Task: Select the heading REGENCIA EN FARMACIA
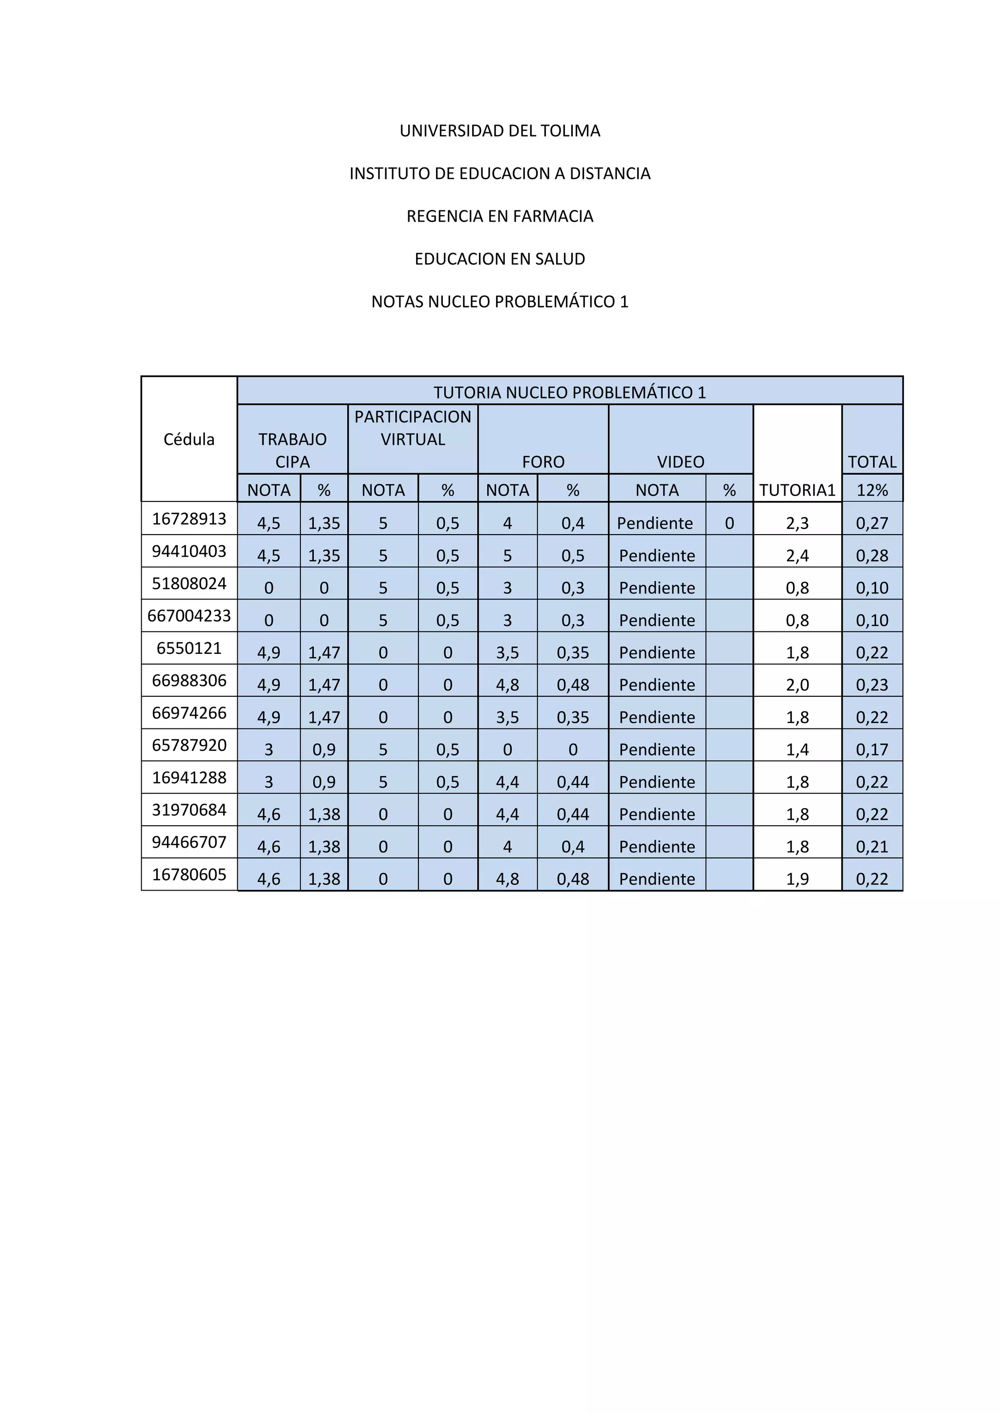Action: pos(500,216)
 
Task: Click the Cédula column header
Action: pos(189,439)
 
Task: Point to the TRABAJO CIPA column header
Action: pos(292,450)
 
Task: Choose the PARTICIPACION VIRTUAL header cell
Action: pos(413,428)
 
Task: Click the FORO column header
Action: pos(543,462)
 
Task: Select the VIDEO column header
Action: pos(680,462)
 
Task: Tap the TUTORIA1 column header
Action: pos(797,490)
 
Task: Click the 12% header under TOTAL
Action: pos(872,490)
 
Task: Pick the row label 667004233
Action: pos(189,616)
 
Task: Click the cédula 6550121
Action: pos(189,648)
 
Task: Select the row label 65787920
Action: pos(189,745)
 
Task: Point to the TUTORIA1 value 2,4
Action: pos(797,556)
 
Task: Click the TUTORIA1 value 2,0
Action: pos(797,685)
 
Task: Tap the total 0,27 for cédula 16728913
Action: pos(872,523)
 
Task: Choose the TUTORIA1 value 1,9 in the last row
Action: pos(797,879)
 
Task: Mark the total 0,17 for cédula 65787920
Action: pos(872,749)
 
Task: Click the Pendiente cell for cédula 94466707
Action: pos(657,847)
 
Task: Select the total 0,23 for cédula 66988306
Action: pos(872,685)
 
